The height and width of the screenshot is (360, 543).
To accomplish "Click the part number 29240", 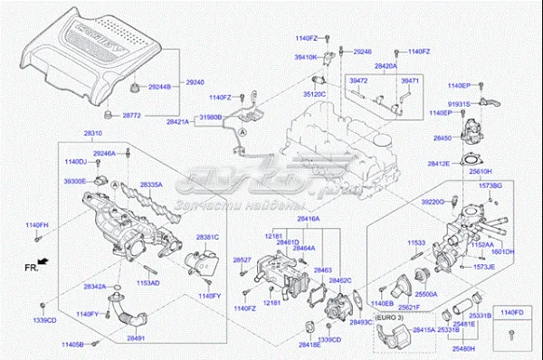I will click(195, 82).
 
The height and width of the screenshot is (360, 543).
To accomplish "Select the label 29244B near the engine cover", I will click(162, 88).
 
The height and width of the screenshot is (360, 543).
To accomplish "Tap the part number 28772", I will click(134, 116).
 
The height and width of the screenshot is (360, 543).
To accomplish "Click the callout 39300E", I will click(76, 181).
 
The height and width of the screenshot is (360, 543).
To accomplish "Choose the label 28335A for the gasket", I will click(150, 184).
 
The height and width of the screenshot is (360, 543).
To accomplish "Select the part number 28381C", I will click(207, 237).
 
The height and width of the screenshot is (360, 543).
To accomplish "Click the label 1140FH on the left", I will click(37, 223).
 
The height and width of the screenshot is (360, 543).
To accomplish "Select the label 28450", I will click(443, 138).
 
